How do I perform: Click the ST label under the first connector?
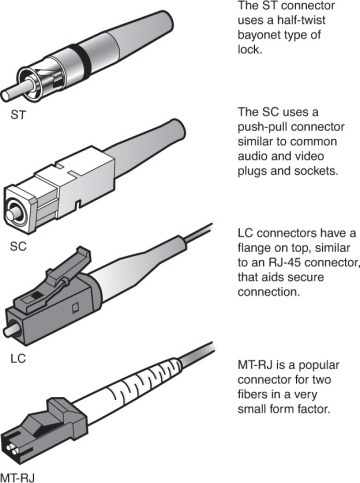(x=18, y=115)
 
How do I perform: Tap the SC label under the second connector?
(x=18, y=243)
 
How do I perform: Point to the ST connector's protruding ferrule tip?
(x=13, y=80)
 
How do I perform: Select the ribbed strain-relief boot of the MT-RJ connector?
(x=120, y=389)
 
